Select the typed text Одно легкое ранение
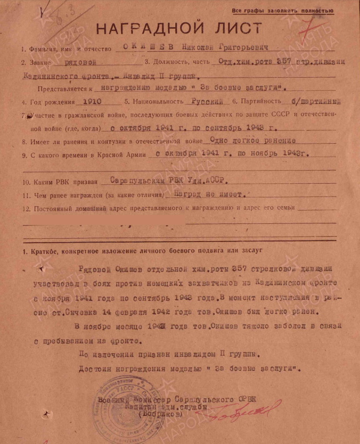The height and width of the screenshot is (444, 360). coord(240,141)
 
